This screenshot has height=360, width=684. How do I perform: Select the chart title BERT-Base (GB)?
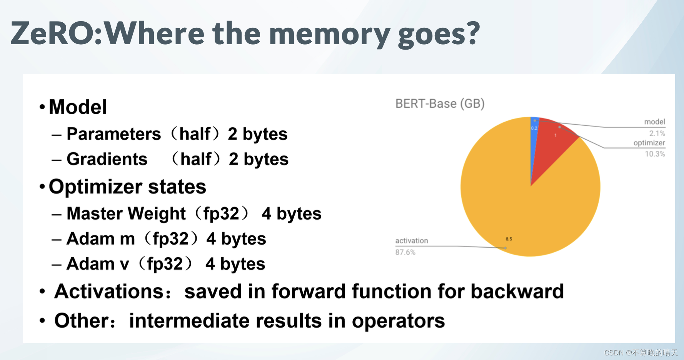[440, 103]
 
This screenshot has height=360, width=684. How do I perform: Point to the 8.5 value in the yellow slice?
[509, 239]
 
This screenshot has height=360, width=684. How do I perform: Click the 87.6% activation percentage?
[405, 252]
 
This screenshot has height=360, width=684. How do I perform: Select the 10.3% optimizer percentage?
[655, 154]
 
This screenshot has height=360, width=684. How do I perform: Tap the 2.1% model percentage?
[657, 133]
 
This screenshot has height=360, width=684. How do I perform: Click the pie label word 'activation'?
[412, 241]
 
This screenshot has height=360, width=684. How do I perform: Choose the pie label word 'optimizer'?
[649, 143]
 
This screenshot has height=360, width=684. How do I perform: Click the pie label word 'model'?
[654, 122]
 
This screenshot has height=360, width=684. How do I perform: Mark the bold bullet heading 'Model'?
[78, 107]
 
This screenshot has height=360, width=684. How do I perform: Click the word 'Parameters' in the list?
[113, 134]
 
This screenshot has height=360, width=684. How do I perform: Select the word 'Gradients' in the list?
[107, 159]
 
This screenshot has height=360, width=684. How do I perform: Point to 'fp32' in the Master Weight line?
[221, 214]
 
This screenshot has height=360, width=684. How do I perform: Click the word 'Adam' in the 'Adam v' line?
[90, 264]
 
